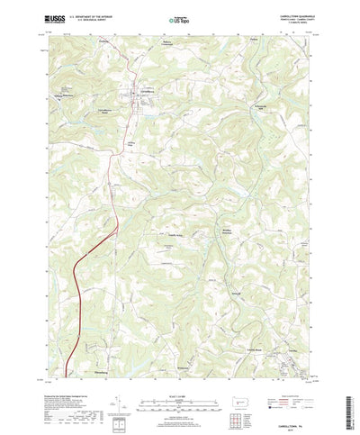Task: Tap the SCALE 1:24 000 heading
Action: [x=179, y=370]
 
